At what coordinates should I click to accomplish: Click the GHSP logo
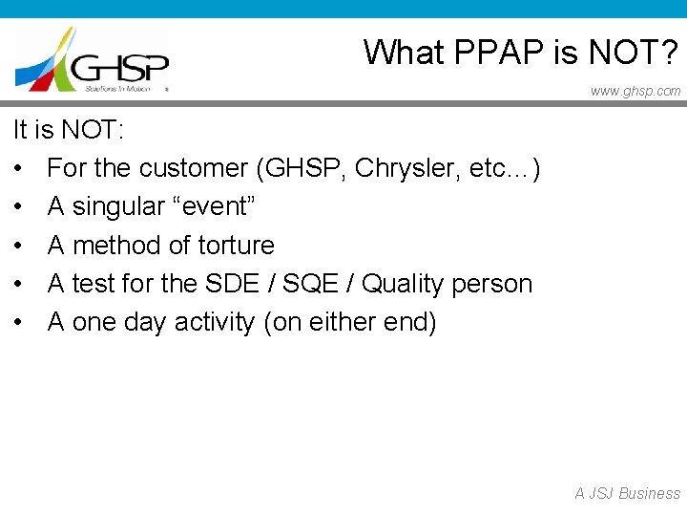[x=92, y=59]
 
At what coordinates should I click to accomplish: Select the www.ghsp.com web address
[x=635, y=91]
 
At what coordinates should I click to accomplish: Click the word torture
[x=236, y=246]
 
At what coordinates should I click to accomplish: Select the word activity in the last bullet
[x=215, y=323]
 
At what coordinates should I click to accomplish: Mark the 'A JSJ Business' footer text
[x=627, y=493]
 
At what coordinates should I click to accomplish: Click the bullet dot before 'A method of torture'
[x=20, y=247]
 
